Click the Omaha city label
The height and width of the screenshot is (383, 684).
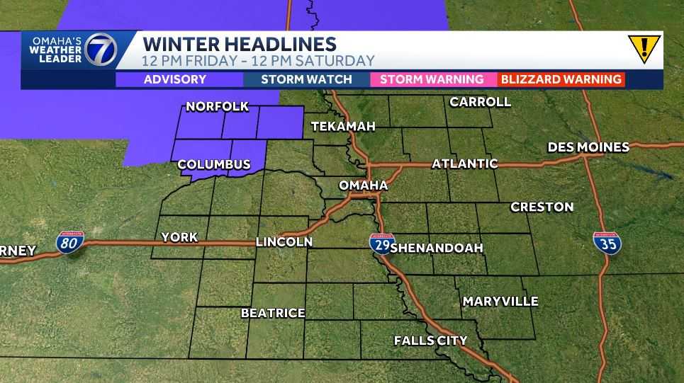pyautogui.click(x=363, y=185)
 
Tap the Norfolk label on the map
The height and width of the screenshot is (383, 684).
pyautogui.click(x=217, y=107)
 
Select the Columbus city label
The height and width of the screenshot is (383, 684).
pyautogui.click(x=214, y=165)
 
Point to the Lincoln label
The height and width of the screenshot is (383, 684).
pyautogui.click(x=284, y=242)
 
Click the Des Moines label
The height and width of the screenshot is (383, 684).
pyautogui.click(x=588, y=147)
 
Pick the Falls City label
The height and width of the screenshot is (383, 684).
pyautogui.click(x=430, y=341)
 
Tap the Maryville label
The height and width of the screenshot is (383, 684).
pyautogui.click(x=500, y=302)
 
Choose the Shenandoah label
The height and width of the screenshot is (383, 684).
pyautogui.click(x=437, y=248)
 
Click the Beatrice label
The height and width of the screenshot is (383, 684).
pyautogui.click(x=273, y=312)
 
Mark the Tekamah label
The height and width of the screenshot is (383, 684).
pyautogui.click(x=343, y=127)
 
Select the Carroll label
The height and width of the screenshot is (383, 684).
pyautogui.click(x=480, y=102)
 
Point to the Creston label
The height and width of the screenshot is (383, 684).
pyautogui.click(x=542, y=207)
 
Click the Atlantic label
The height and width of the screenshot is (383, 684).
pyautogui.click(x=465, y=164)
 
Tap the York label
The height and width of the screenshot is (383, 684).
pyautogui.click(x=179, y=237)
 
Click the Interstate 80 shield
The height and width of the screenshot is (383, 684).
pyautogui.click(x=70, y=243)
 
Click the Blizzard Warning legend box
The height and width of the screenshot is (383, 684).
pyautogui.click(x=561, y=79)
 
